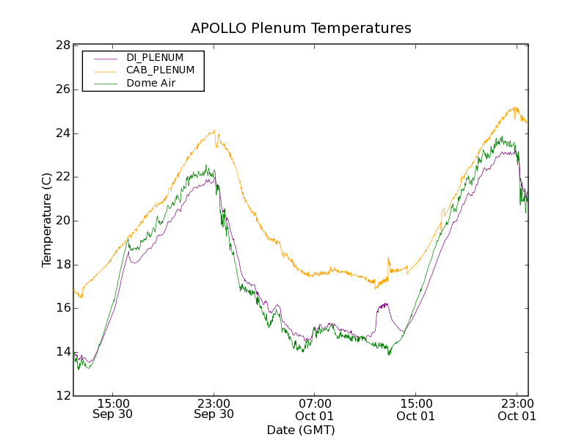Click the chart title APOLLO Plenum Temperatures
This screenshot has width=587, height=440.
click(301, 29)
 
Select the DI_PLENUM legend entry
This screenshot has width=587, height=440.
click(155, 57)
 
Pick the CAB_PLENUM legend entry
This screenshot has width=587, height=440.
click(160, 70)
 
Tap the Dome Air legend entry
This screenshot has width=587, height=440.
click(151, 84)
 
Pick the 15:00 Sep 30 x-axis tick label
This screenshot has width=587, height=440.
click(113, 409)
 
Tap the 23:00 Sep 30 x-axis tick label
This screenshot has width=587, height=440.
click(214, 409)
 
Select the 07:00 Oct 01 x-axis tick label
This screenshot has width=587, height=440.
click(315, 409)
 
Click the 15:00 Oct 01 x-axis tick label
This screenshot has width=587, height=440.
click(415, 409)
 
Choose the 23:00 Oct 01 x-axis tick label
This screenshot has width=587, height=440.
click(517, 409)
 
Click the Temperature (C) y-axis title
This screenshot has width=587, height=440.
click(47, 221)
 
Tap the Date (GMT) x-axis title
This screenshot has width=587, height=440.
click(301, 430)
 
